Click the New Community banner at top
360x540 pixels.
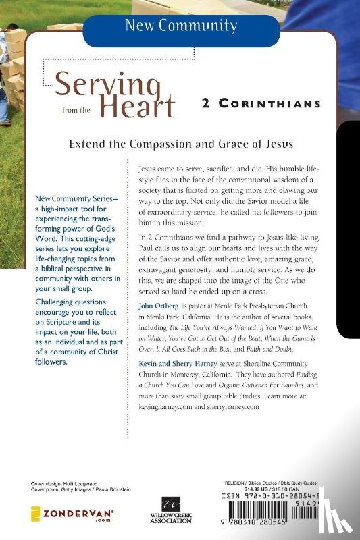point(180,27)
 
